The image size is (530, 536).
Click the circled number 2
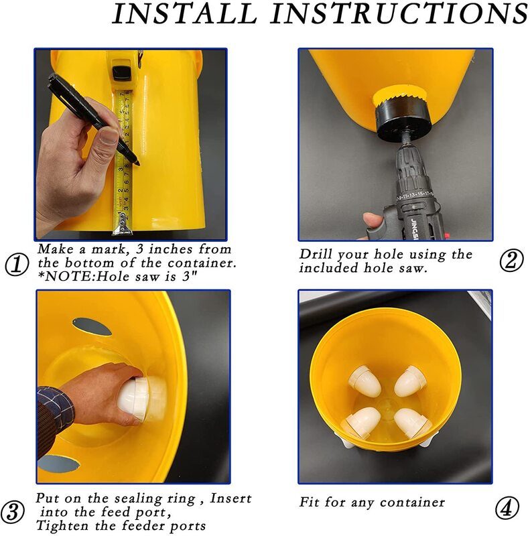(x=511, y=261)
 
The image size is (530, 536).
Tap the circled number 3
(x=13, y=511)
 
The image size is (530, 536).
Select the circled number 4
(x=507, y=508)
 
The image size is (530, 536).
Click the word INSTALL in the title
(x=185, y=13)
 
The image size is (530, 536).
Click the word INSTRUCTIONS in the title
(x=399, y=13)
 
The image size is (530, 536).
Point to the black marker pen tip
(x=137, y=163)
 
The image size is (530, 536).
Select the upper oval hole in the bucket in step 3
(x=92, y=327)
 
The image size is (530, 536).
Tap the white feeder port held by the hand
(x=141, y=399)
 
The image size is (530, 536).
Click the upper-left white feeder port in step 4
(x=365, y=381)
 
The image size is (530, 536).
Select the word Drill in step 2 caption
(x=316, y=255)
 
